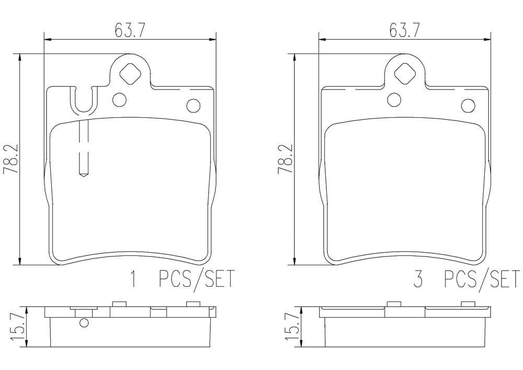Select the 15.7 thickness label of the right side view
pyautogui.click(x=292, y=326)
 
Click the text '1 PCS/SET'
pyautogui.click(x=183, y=279)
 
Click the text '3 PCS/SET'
pyautogui.click(x=467, y=279)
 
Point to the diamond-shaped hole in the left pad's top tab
pyautogui.click(x=130, y=73)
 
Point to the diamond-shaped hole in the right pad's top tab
pyautogui.click(x=405, y=73)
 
